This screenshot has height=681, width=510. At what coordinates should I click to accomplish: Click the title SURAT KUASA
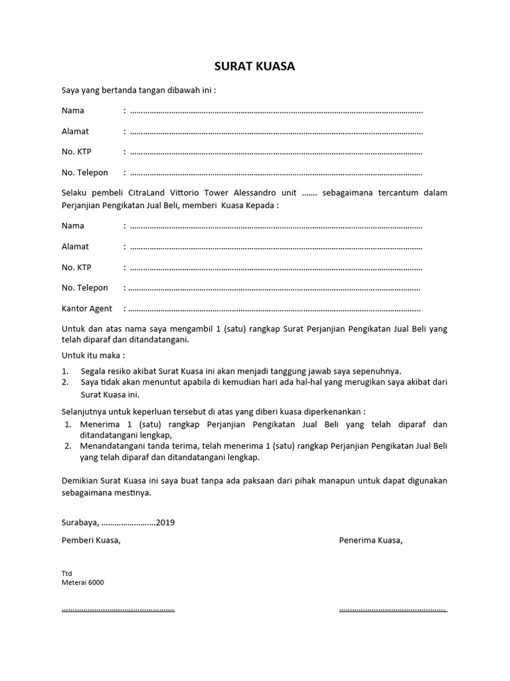(x=254, y=67)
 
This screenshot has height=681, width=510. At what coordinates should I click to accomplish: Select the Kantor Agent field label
(x=87, y=309)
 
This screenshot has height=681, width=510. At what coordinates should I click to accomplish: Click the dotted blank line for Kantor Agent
(x=274, y=309)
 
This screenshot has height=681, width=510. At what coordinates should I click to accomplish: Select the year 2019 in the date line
(x=165, y=522)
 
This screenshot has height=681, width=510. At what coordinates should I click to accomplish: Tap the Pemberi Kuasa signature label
(x=91, y=540)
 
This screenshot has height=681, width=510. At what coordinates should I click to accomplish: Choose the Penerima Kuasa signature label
(x=371, y=540)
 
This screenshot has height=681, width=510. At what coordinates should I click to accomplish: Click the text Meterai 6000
(x=82, y=582)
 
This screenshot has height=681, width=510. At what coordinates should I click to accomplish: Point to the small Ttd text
(x=66, y=573)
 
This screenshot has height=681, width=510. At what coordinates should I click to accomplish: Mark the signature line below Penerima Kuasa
(x=392, y=609)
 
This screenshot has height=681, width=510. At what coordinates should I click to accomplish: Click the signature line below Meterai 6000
(x=118, y=609)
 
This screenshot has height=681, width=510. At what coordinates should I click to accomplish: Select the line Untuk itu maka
(x=93, y=355)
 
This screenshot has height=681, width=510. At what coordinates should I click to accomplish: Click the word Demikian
(x=80, y=480)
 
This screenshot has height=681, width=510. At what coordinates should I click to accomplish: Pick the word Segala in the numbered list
(x=93, y=370)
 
